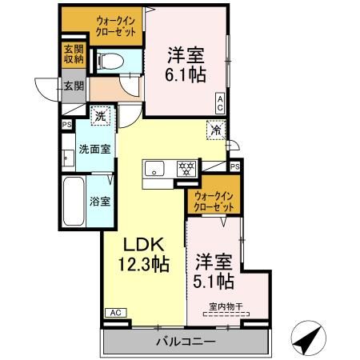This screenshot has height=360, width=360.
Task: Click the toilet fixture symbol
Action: [110, 62]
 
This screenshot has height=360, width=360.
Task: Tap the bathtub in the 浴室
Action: [74, 202]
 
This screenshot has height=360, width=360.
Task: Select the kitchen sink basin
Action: [154, 169]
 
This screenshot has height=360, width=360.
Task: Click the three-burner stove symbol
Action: [186, 169]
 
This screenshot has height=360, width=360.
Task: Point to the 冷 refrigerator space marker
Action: [216, 130]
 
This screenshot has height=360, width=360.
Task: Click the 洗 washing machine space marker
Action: [100, 116]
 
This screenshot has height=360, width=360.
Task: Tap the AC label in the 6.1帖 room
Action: [220, 103]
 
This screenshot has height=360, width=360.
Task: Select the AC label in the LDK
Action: [116, 313]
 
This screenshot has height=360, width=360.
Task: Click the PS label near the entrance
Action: [67, 125]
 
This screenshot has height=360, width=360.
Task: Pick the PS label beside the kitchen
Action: [235, 166]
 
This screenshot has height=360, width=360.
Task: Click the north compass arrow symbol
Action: [309, 338]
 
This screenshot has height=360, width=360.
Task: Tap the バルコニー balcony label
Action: [186, 342]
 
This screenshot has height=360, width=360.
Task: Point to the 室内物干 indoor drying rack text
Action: [226, 306]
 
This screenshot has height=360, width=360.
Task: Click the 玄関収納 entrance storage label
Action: [74, 54]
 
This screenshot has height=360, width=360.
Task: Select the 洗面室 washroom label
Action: [94, 150]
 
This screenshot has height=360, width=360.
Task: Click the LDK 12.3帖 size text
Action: [144, 254]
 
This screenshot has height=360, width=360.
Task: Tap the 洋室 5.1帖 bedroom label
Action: [214, 271]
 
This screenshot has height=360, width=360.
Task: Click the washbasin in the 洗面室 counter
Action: [68, 158]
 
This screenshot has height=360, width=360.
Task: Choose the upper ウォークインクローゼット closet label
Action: [116, 26]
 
